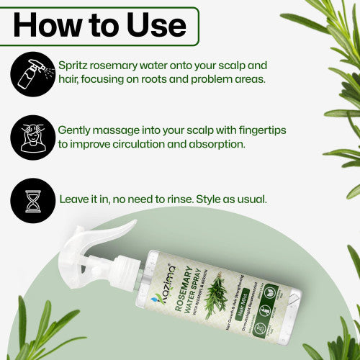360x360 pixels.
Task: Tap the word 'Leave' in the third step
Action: [x=75, y=196]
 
